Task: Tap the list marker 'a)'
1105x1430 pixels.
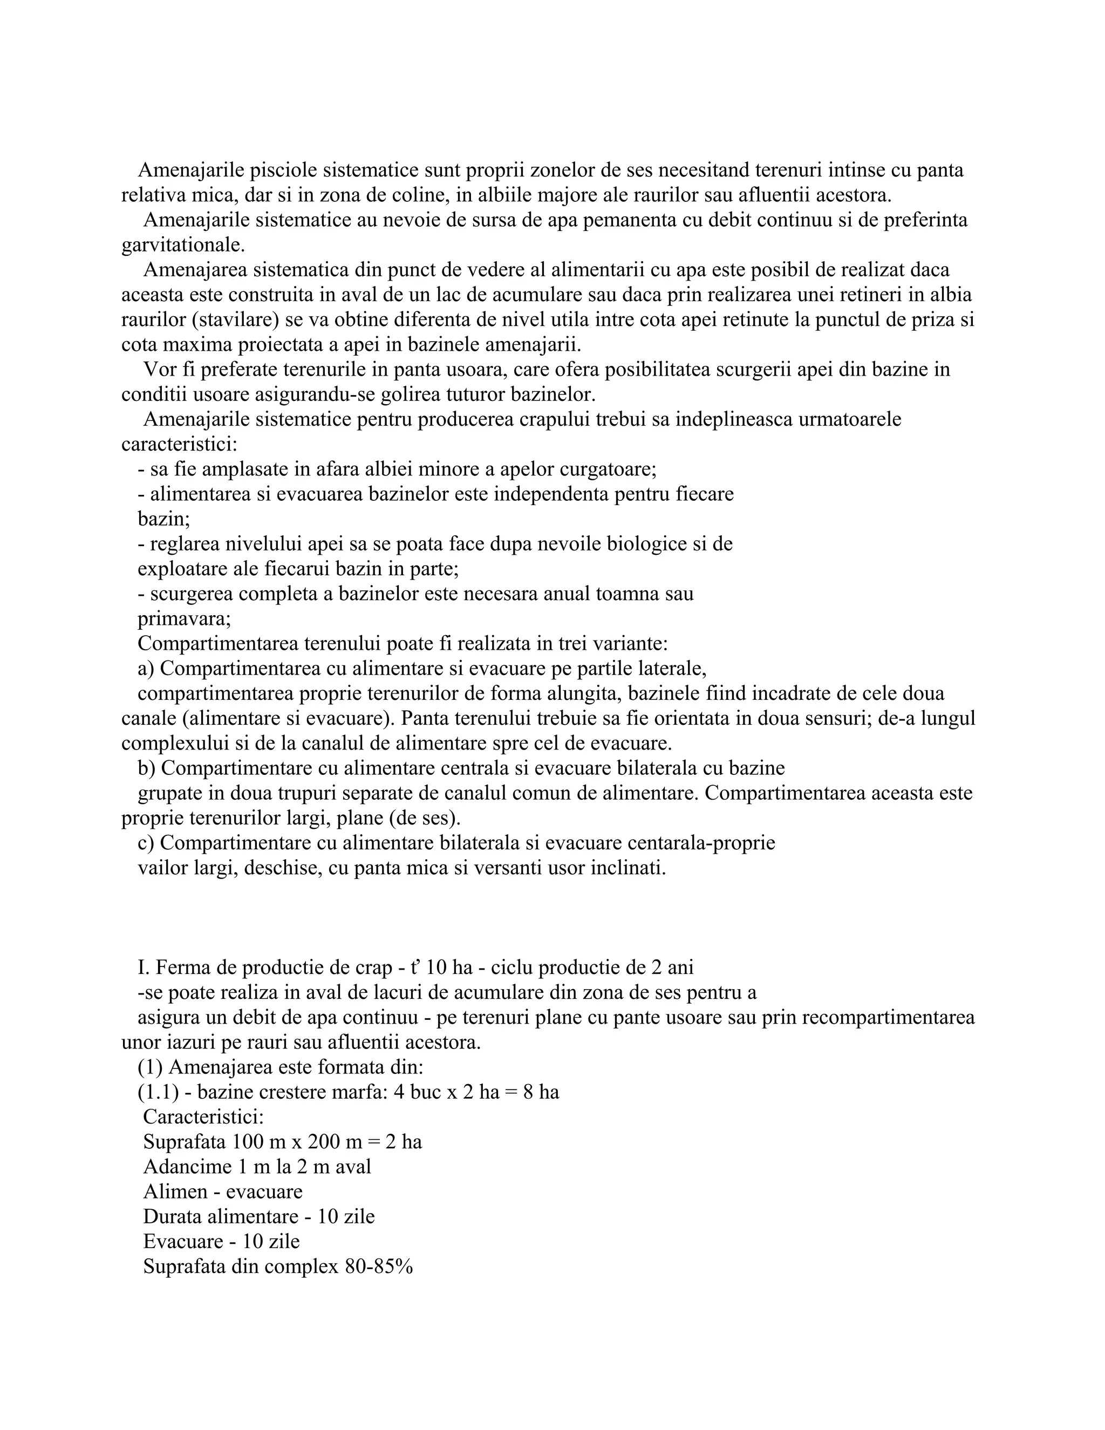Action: click(x=146, y=668)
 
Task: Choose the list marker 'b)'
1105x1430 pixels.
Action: click(x=147, y=767)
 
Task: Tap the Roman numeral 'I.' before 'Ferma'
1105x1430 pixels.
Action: click(x=144, y=967)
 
